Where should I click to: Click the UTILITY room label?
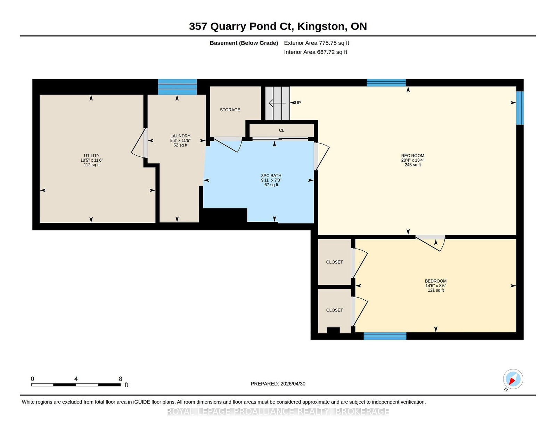point(92,155)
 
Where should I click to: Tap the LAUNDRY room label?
point(180,136)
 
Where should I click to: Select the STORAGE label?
point(230,109)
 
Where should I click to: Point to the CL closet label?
point(281,130)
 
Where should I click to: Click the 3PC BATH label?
point(271,175)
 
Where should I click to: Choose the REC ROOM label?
point(413,155)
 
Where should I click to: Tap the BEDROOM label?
point(436,281)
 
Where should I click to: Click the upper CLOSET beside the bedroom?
point(334,262)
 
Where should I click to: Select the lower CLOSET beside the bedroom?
point(334,310)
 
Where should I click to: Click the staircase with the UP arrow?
point(277,103)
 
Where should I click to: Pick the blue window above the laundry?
point(177,87)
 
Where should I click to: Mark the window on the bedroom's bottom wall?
point(385,336)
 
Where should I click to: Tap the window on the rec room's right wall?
point(520,108)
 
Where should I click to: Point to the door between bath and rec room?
point(322,156)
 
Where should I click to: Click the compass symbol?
point(513,379)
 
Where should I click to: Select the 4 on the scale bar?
point(76,379)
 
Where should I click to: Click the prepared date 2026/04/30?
point(293,384)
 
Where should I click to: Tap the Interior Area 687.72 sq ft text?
point(316,52)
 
